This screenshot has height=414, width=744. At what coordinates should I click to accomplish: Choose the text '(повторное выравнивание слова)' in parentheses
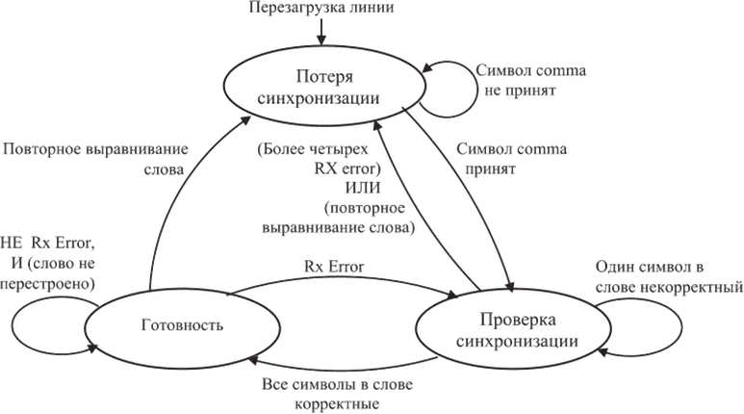point(365,220)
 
